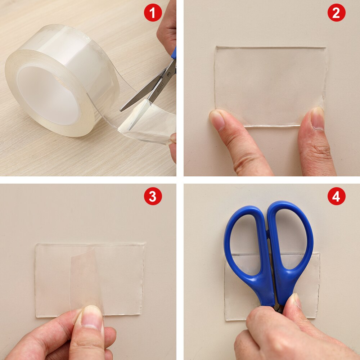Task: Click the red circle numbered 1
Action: pos(153,13)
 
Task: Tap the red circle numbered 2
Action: pos(336,13)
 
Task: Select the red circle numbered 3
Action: pos(153,197)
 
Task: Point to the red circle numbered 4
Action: pos(336,197)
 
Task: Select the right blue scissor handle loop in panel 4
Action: pos(292,241)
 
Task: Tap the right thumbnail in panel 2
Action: pos(318,117)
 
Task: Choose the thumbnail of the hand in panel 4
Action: pos(295,301)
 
